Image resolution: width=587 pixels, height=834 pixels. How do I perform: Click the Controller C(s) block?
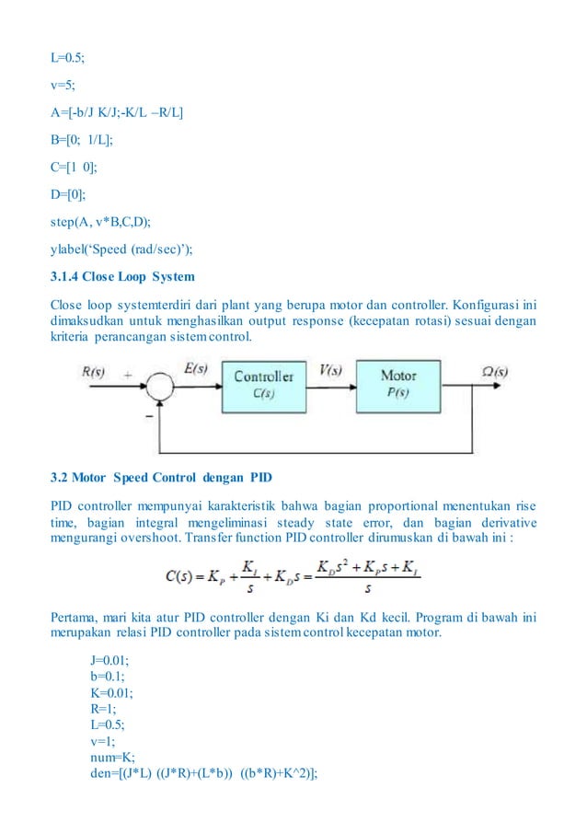[x=263, y=383]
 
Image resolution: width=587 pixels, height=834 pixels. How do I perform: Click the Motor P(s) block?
[x=397, y=383]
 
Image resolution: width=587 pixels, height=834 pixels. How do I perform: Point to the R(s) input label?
[x=93, y=375]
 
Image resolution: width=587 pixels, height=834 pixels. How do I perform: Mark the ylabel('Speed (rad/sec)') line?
[x=113, y=248]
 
